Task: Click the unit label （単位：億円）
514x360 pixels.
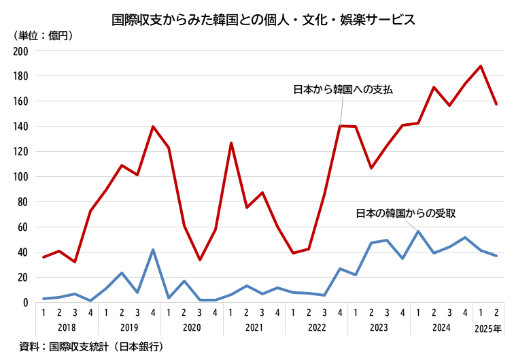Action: point(43,35)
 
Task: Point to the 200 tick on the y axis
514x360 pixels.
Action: point(20,51)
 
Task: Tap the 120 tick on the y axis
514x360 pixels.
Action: point(20,152)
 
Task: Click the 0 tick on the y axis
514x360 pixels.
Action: point(25,303)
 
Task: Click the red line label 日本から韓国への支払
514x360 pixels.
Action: point(343,89)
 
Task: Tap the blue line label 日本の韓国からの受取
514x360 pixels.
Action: point(406,213)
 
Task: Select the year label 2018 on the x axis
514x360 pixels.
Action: point(67,328)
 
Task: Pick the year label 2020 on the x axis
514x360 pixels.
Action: point(192,328)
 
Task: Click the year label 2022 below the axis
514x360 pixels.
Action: point(317,328)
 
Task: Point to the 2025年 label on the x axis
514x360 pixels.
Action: point(488,328)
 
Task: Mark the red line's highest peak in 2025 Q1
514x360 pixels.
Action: point(481,66)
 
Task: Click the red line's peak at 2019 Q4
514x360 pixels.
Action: point(153,127)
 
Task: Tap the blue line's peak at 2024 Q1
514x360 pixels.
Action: point(418,231)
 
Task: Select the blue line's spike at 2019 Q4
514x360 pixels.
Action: point(153,250)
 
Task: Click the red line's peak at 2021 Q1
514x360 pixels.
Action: point(231,143)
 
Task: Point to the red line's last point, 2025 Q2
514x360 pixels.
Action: point(496,104)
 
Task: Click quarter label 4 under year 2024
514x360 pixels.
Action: point(465,312)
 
